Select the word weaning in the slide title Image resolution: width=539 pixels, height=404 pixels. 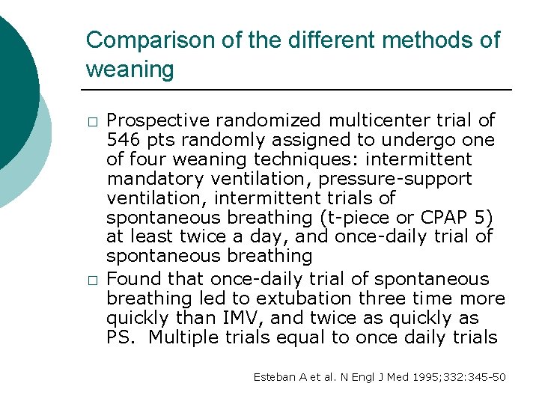pos(130,70)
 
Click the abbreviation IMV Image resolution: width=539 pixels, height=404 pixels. pos(247,318)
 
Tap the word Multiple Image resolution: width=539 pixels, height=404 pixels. pos(180,337)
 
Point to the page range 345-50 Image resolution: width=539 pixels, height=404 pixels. pos(487,377)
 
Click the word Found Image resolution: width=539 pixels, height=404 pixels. pos(132,279)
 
